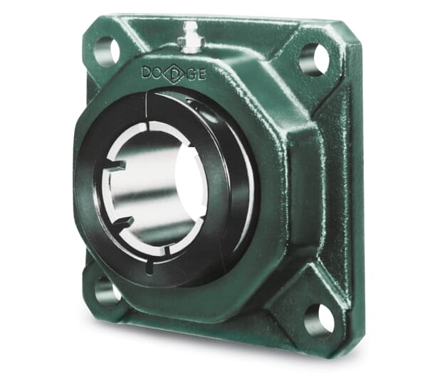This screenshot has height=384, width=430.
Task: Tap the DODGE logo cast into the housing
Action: tap(174, 74)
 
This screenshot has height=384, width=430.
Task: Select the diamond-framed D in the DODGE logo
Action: tap(174, 74)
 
